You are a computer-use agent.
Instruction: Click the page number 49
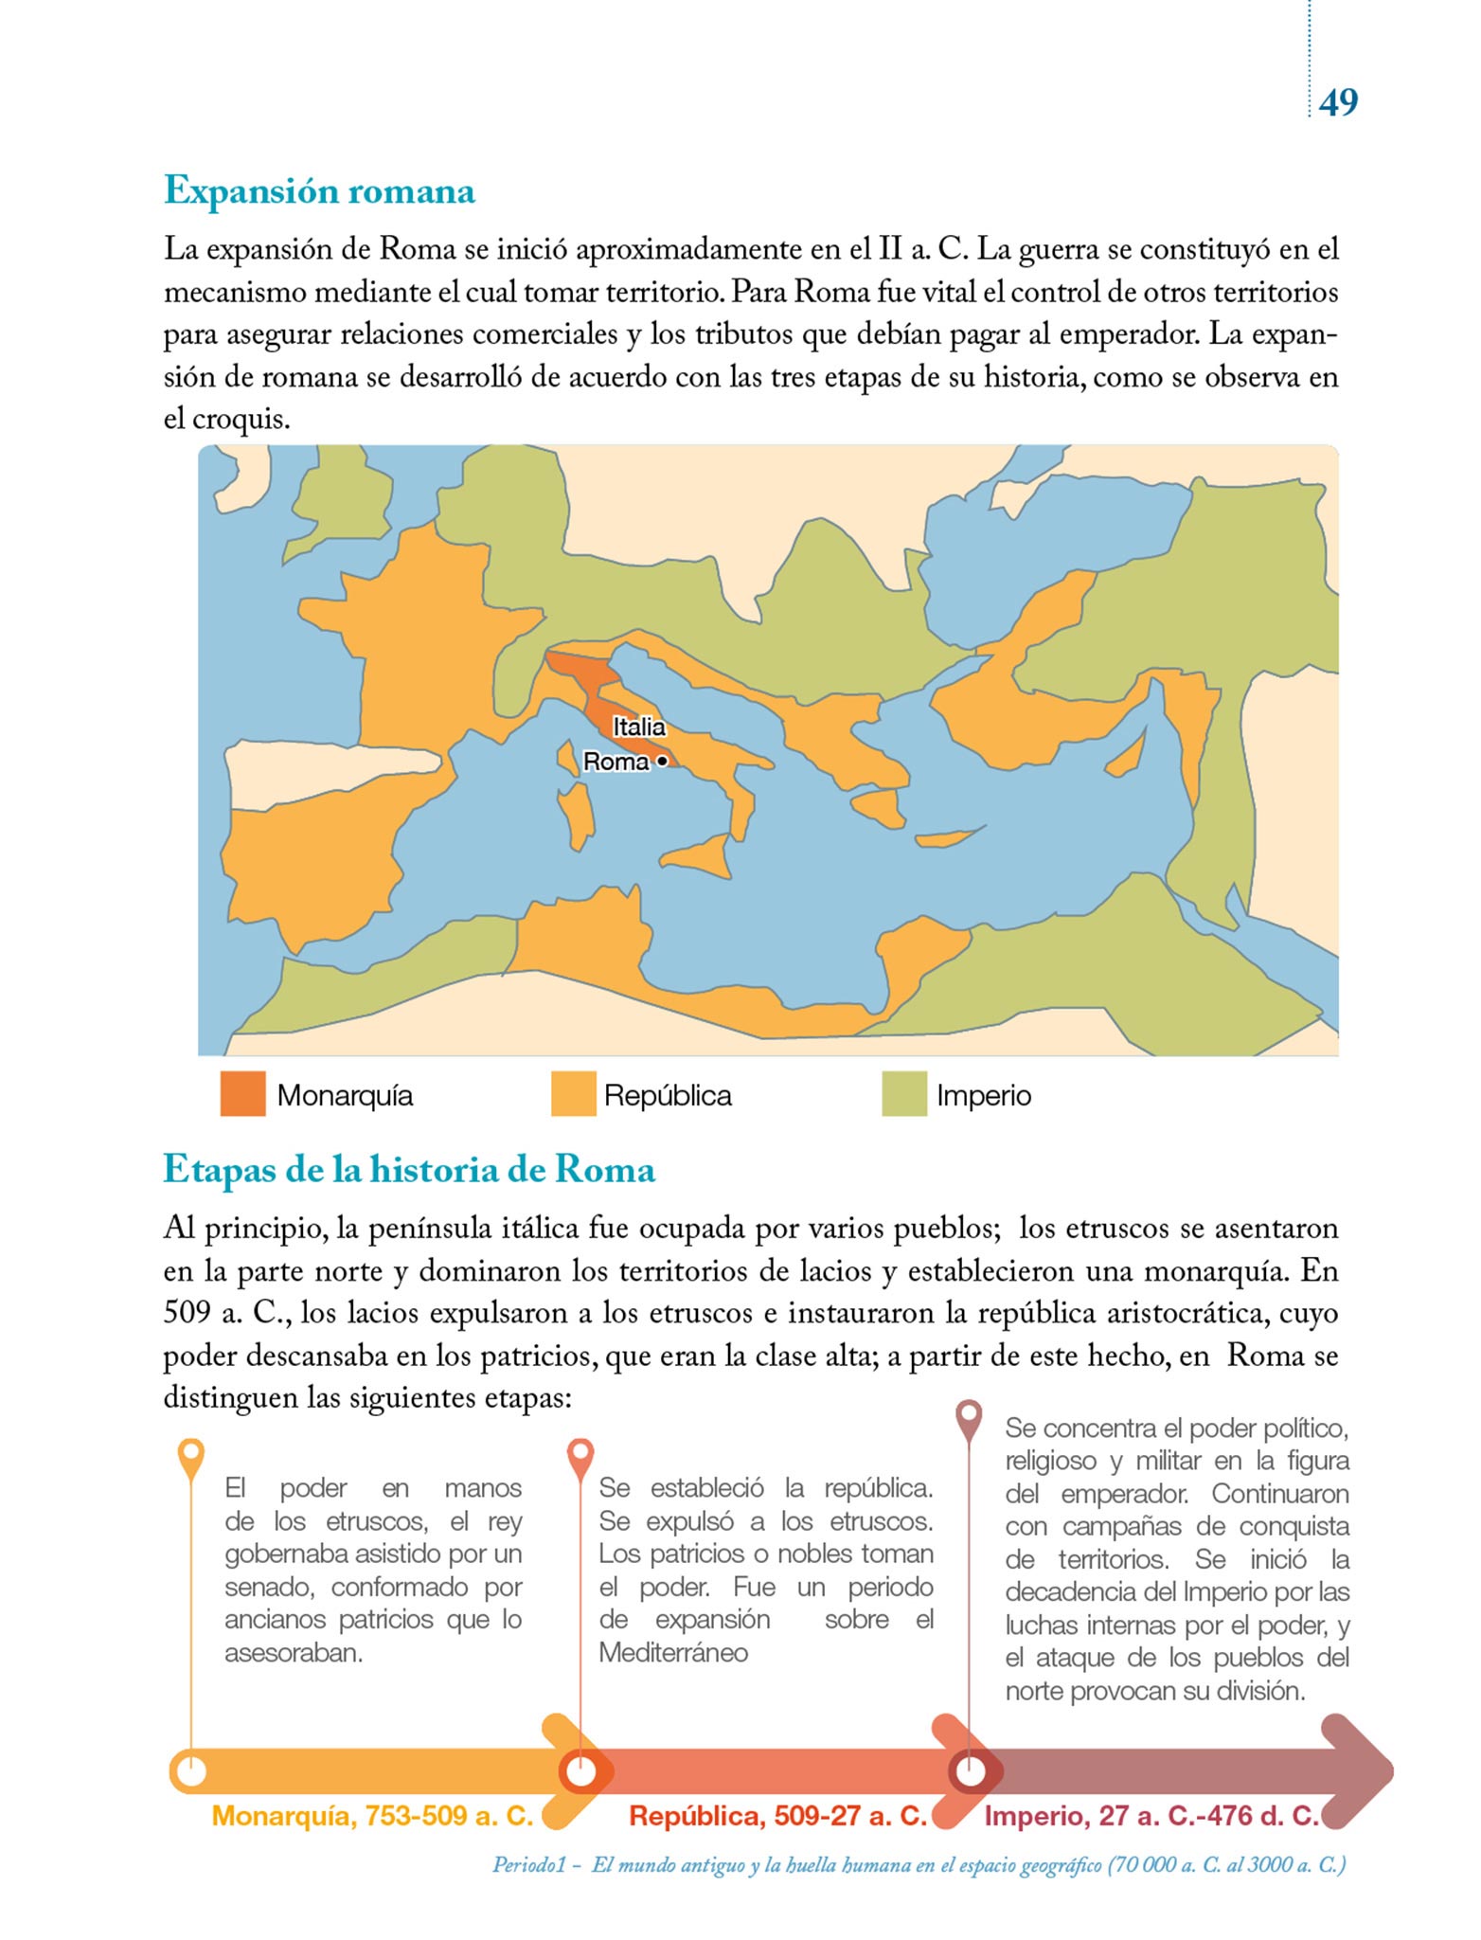pos(1338,102)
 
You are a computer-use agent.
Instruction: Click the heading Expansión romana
pos(319,191)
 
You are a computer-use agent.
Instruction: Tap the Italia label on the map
pos(639,727)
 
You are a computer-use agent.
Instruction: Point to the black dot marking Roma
pos(662,761)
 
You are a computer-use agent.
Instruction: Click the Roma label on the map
pos(616,762)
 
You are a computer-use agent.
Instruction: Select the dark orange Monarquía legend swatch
pos(242,1094)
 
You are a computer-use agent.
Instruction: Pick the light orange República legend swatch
pos(573,1094)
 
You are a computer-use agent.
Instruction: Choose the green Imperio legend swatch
pos(903,1094)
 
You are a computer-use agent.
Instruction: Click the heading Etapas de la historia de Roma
pos(409,1170)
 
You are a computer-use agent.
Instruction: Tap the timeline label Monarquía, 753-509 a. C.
pos(372,1816)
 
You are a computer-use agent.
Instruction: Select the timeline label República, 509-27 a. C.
pos(777,1816)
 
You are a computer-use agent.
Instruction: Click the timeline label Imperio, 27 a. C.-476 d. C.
pos(1151,1816)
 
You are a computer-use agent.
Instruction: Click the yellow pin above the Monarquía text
pos(191,1455)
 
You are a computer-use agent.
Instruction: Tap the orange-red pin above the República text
pos(580,1455)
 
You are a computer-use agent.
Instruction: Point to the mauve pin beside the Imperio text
pos(969,1417)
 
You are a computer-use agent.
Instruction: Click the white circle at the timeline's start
pos(191,1770)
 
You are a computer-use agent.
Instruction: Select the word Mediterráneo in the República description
pos(673,1653)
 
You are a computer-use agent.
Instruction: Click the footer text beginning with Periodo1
pos(919,1865)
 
